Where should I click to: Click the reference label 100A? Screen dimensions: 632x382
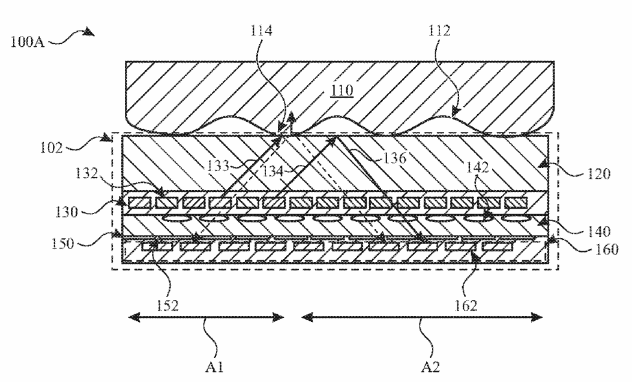point(27,42)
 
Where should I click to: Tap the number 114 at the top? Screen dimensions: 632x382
point(261,31)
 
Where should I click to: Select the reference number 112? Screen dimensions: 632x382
point(439,31)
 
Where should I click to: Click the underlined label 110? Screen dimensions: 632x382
point(342,90)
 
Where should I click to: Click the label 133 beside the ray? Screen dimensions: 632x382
point(218,166)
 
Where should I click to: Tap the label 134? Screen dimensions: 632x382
point(273,172)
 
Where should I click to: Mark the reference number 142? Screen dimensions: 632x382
point(478,167)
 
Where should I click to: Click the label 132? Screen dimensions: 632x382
point(86,173)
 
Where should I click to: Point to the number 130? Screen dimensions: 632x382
point(66,212)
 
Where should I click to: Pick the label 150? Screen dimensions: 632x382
point(63,243)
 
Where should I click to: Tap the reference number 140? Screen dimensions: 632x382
point(598,231)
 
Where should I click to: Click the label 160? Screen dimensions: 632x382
point(607,249)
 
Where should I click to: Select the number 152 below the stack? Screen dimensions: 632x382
point(167,306)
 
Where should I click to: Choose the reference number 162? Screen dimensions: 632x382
point(466,306)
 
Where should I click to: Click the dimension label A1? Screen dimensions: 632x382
point(214,367)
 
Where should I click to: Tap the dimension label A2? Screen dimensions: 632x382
point(430,367)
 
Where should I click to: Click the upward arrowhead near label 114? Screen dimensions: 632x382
point(290,116)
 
